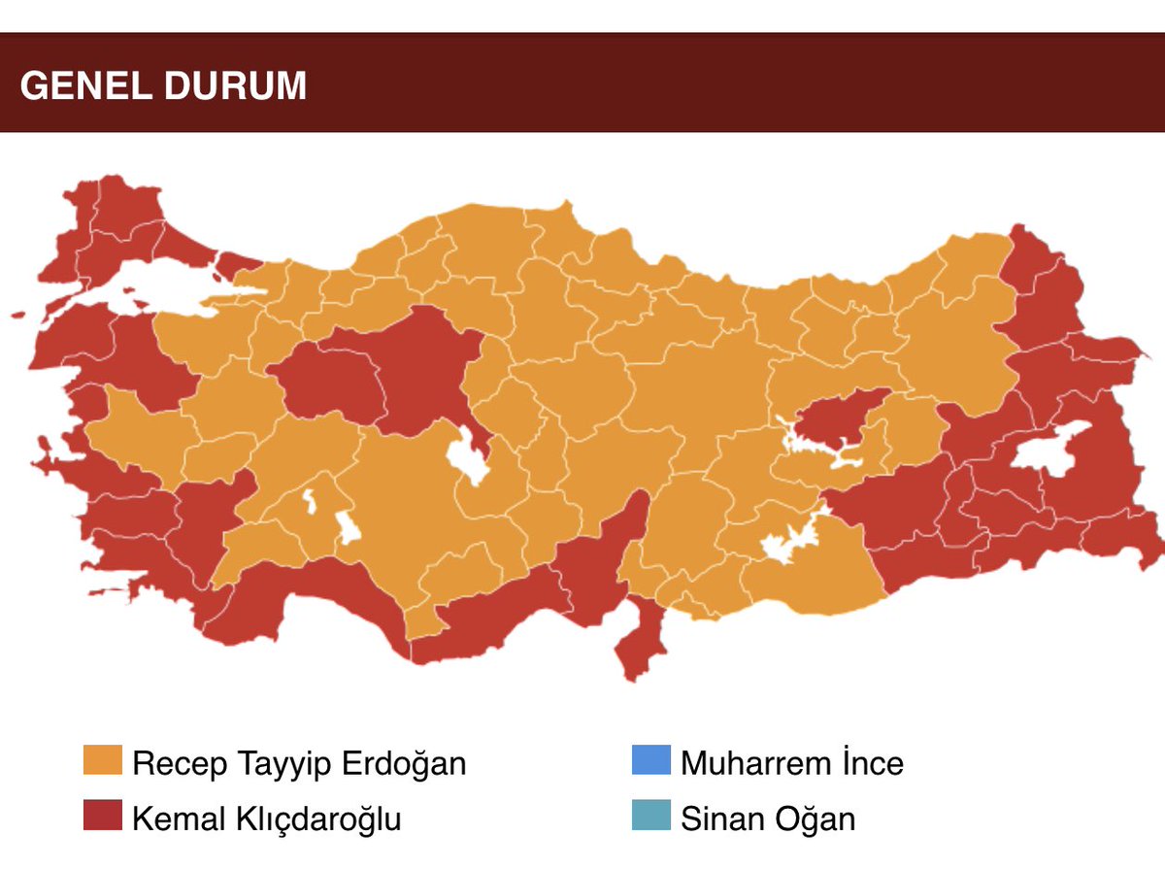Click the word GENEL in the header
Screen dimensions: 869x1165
(x=79, y=86)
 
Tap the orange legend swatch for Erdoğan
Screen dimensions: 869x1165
(x=103, y=762)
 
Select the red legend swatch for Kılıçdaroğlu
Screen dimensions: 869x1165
(x=103, y=818)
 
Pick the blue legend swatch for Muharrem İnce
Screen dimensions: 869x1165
(x=650, y=762)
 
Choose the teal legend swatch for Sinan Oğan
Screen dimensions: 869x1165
(x=650, y=818)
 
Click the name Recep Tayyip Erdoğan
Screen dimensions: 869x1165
(x=299, y=763)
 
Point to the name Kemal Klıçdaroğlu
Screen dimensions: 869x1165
(x=267, y=819)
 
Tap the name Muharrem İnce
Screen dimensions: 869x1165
(x=791, y=763)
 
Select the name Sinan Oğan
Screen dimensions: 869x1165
(x=768, y=819)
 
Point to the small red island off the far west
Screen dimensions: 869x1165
(x=17, y=316)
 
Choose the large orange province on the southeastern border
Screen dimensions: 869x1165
(x=815, y=573)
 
